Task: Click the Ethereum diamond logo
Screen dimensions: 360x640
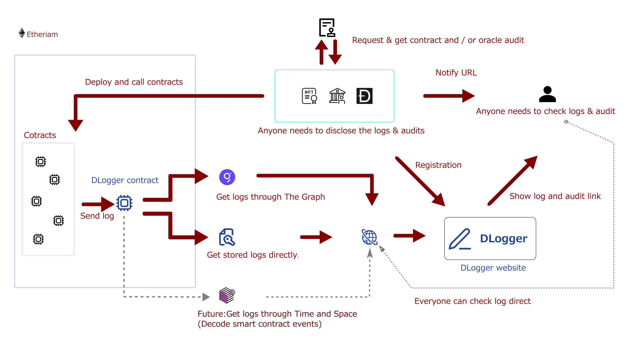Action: tap(22, 33)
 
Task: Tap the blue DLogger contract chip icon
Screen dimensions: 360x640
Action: tap(124, 203)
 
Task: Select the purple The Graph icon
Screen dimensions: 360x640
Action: tap(227, 177)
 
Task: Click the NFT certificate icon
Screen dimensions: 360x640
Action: tap(309, 96)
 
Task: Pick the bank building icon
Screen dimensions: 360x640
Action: tap(337, 96)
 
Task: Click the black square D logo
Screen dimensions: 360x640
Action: tap(364, 96)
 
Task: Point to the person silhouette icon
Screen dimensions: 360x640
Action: tap(547, 94)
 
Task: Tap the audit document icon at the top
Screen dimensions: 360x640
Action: tap(327, 27)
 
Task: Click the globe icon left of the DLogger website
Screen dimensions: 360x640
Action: tap(369, 237)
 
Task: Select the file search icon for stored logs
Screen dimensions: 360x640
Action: tap(227, 237)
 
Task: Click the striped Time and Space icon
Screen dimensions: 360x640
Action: tap(227, 295)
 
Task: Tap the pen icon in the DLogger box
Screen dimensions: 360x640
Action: tap(460, 239)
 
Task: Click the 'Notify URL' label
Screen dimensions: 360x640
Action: tap(456, 73)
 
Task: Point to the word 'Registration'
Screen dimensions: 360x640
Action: tap(438, 165)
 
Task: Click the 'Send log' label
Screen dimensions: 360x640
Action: tap(97, 216)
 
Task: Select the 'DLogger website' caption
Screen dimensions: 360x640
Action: tap(493, 268)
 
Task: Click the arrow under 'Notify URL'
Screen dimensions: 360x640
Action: tap(449, 96)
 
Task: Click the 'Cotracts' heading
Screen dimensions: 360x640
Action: tap(40, 135)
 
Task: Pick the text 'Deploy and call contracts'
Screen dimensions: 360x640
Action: tap(134, 82)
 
